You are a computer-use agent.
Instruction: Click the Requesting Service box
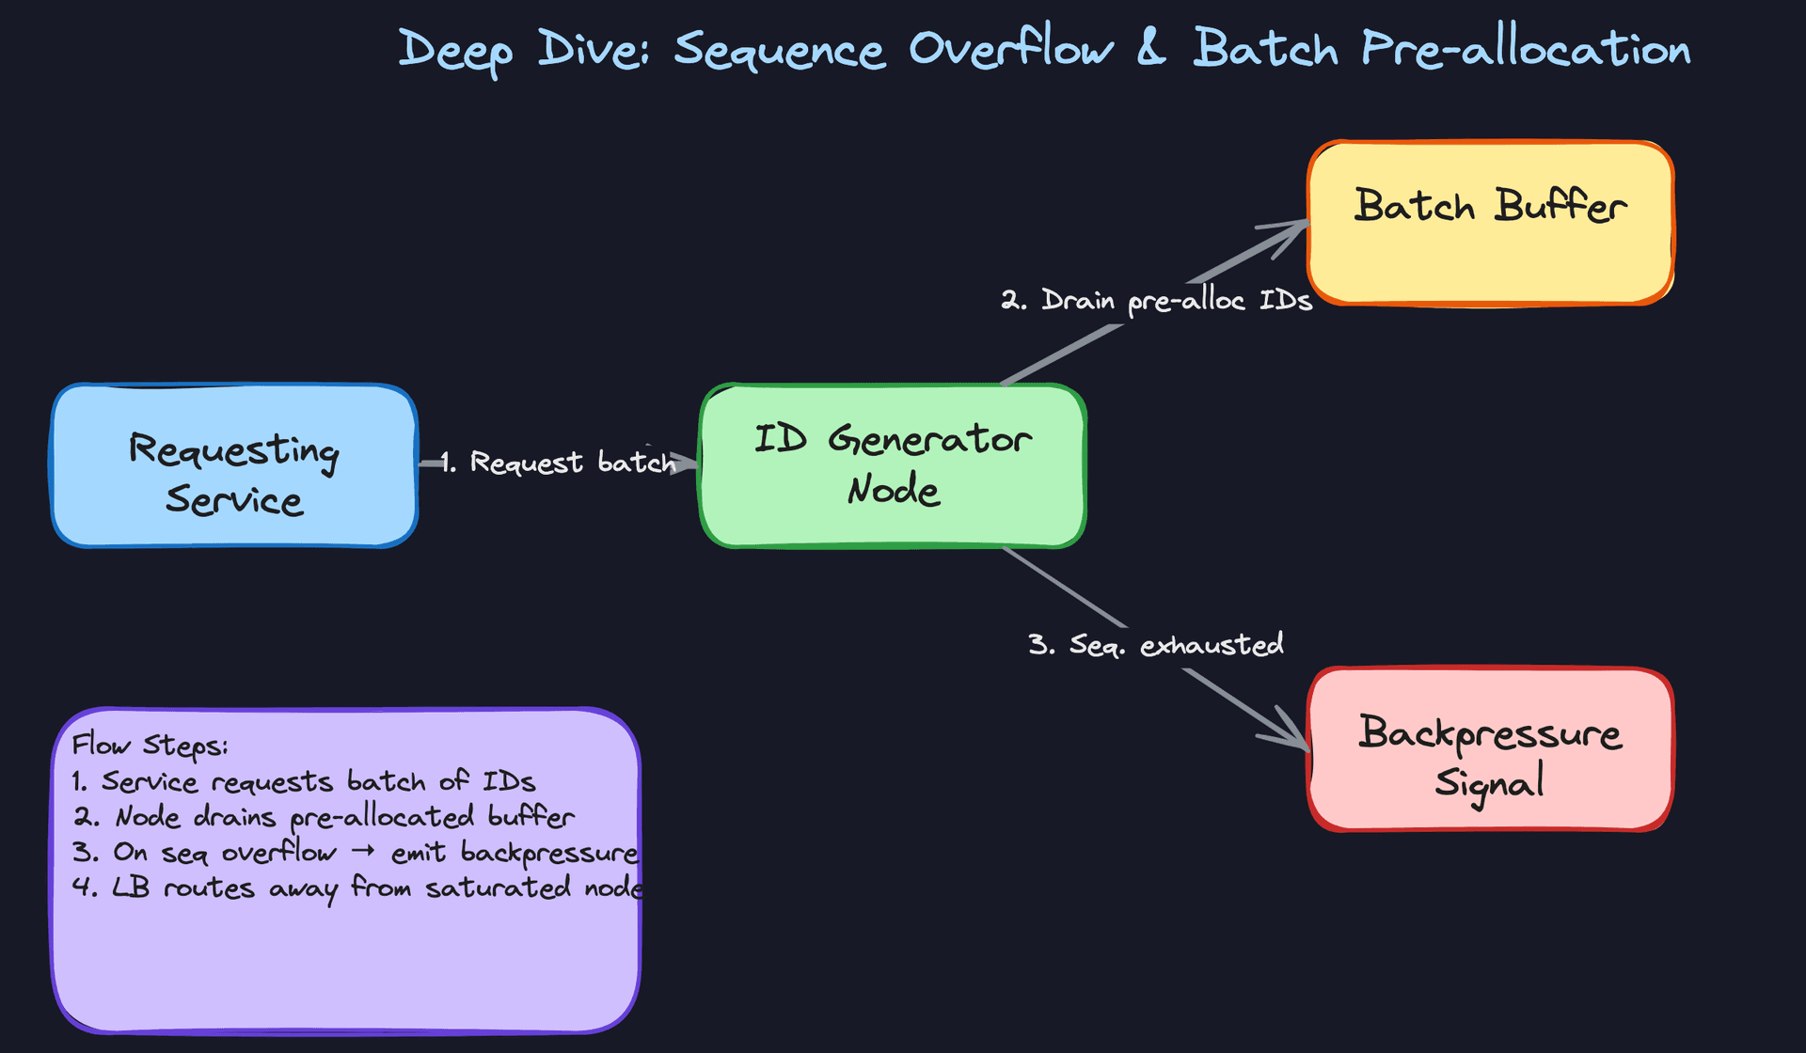(234, 465)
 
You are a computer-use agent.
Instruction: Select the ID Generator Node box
(893, 465)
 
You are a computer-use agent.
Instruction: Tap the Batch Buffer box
(1490, 223)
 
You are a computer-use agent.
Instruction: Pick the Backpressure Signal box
(1490, 749)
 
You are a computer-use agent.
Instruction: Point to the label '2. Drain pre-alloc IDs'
(1156, 301)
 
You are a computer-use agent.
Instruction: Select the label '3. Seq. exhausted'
(1156, 645)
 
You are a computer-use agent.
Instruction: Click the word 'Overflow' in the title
(1011, 49)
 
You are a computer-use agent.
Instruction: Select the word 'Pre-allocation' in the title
(1526, 49)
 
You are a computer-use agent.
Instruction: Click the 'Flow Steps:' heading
(150, 746)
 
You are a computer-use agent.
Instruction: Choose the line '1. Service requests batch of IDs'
(304, 781)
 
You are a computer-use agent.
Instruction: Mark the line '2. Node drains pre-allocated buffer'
(324, 817)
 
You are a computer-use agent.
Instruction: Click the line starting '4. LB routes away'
(357, 888)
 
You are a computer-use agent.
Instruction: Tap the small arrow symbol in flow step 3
(363, 851)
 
